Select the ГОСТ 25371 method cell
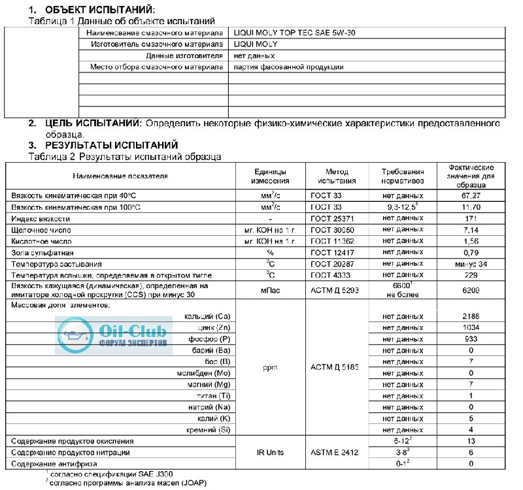click(336, 218)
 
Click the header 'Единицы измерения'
click(271, 176)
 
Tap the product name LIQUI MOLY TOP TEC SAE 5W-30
click(295, 32)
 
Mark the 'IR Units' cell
click(271, 452)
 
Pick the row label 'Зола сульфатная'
click(42, 252)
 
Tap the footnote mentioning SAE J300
click(111, 473)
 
